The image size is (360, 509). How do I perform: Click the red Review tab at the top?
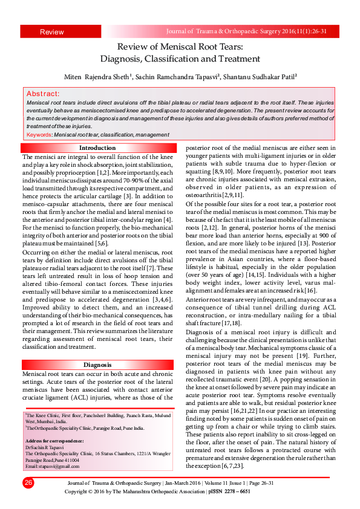tap(51, 31)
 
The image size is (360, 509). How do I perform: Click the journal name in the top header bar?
tap(251, 30)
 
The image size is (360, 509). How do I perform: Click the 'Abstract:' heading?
tap(43, 94)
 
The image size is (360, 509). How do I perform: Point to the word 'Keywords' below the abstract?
tap(39, 134)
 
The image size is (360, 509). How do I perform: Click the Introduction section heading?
tap(97, 148)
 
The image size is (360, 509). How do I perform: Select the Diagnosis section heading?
tap(97, 365)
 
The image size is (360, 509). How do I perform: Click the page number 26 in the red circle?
tap(28, 482)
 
